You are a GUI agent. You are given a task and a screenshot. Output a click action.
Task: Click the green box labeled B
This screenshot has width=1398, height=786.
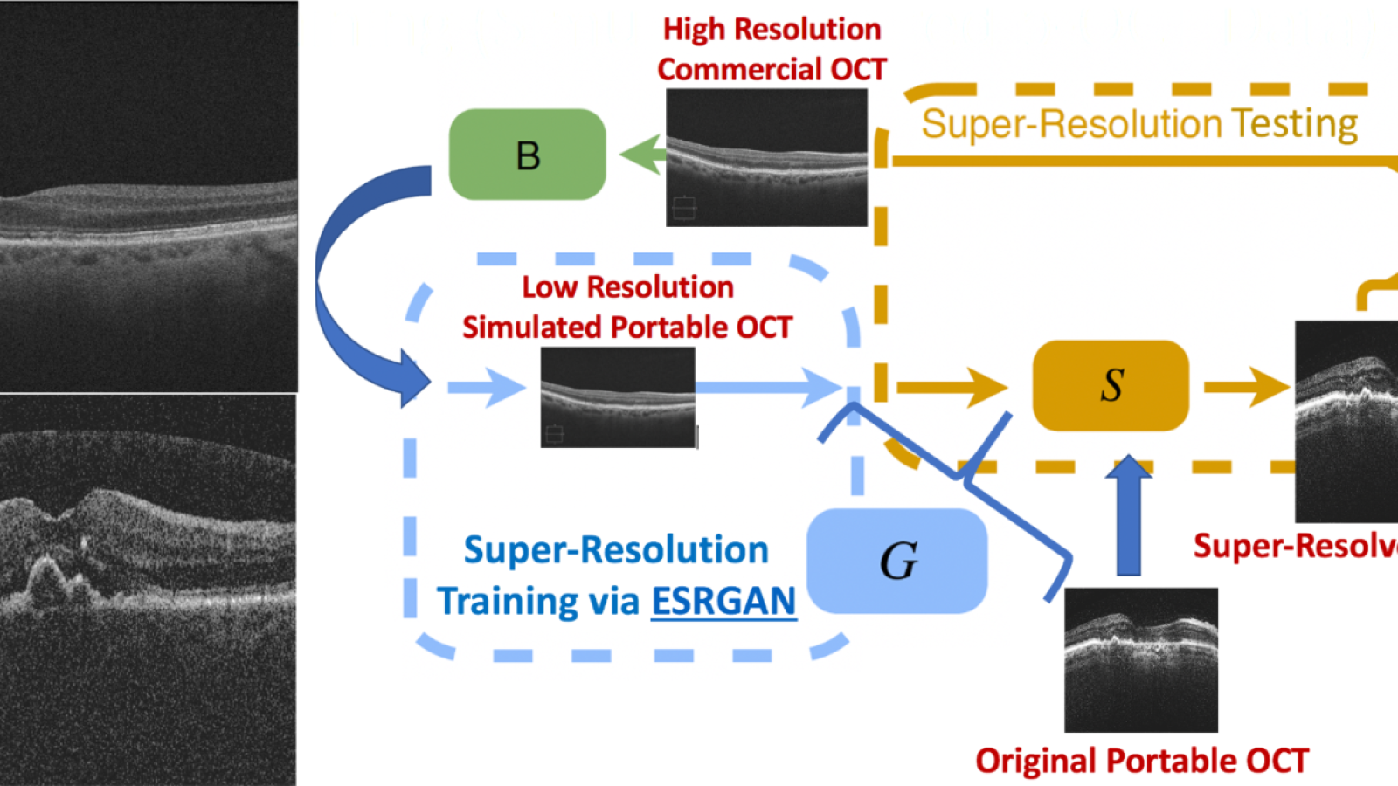pyautogui.click(x=527, y=155)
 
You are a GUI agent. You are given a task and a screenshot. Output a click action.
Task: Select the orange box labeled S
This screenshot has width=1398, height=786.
pyautogui.click(x=1111, y=385)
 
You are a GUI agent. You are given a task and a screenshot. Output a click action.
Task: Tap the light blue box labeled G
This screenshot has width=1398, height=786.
pyautogui.click(x=897, y=561)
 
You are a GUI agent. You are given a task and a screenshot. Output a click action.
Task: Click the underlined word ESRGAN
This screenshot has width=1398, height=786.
pyautogui.click(x=723, y=602)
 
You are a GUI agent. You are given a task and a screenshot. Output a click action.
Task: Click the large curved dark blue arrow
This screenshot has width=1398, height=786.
pyautogui.click(x=349, y=279)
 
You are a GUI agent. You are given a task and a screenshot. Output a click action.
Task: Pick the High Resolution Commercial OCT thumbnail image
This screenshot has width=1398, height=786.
pyautogui.click(x=766, y=157)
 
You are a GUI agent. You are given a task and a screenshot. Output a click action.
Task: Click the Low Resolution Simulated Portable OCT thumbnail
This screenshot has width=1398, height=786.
pyautogui.click(x=618, y=397)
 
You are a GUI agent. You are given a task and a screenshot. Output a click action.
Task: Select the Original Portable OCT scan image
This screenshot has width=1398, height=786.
pyautogui.click(x=1140, y=659)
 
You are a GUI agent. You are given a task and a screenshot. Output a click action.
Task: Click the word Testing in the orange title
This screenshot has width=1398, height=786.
pyautogui.click(x=1294, y=124)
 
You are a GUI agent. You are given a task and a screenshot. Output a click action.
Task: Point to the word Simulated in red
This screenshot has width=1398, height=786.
pyautogui.click(x=532, y=327)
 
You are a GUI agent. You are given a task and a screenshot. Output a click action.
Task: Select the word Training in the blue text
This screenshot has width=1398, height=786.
pyautogui.click(x=508, y=602)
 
